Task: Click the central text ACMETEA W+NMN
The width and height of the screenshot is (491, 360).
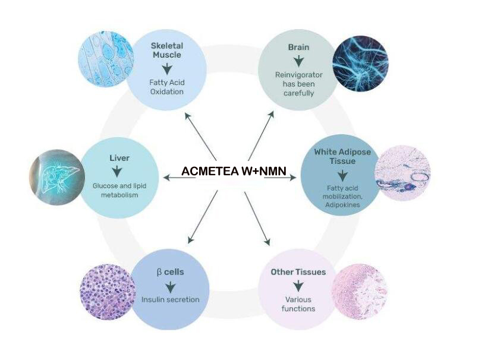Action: point(234,171)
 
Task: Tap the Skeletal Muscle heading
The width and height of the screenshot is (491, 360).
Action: point(167,50)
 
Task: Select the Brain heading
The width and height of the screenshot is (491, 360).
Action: point(298,48)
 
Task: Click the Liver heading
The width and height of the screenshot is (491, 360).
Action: point(119,158)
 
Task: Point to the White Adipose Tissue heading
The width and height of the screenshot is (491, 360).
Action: point(342,156)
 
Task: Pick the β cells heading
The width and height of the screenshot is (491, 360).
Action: point(170,272)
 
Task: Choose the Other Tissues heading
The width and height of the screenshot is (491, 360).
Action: point(298,272)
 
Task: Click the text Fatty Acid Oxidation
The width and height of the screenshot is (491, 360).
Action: point(167,87)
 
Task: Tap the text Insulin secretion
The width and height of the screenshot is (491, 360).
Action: point(171,299)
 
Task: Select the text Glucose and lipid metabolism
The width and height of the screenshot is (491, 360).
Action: point(119,190)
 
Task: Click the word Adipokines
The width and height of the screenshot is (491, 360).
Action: point(342,205)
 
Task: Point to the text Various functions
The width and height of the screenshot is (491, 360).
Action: point(298,304)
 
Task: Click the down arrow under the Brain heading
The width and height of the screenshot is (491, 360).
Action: point(298,61)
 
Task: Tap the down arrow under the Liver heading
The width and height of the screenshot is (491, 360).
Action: point(117,172)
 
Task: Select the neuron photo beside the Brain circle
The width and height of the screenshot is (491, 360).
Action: point(360,63)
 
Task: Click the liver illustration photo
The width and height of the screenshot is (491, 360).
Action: point(57,177)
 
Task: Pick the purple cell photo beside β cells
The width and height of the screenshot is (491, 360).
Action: point(108,292)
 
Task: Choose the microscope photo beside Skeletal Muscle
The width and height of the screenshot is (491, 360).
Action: point(106,59)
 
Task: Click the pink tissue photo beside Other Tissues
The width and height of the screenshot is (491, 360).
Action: point(359,292)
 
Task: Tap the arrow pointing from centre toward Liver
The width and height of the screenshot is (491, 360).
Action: point(180,178)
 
